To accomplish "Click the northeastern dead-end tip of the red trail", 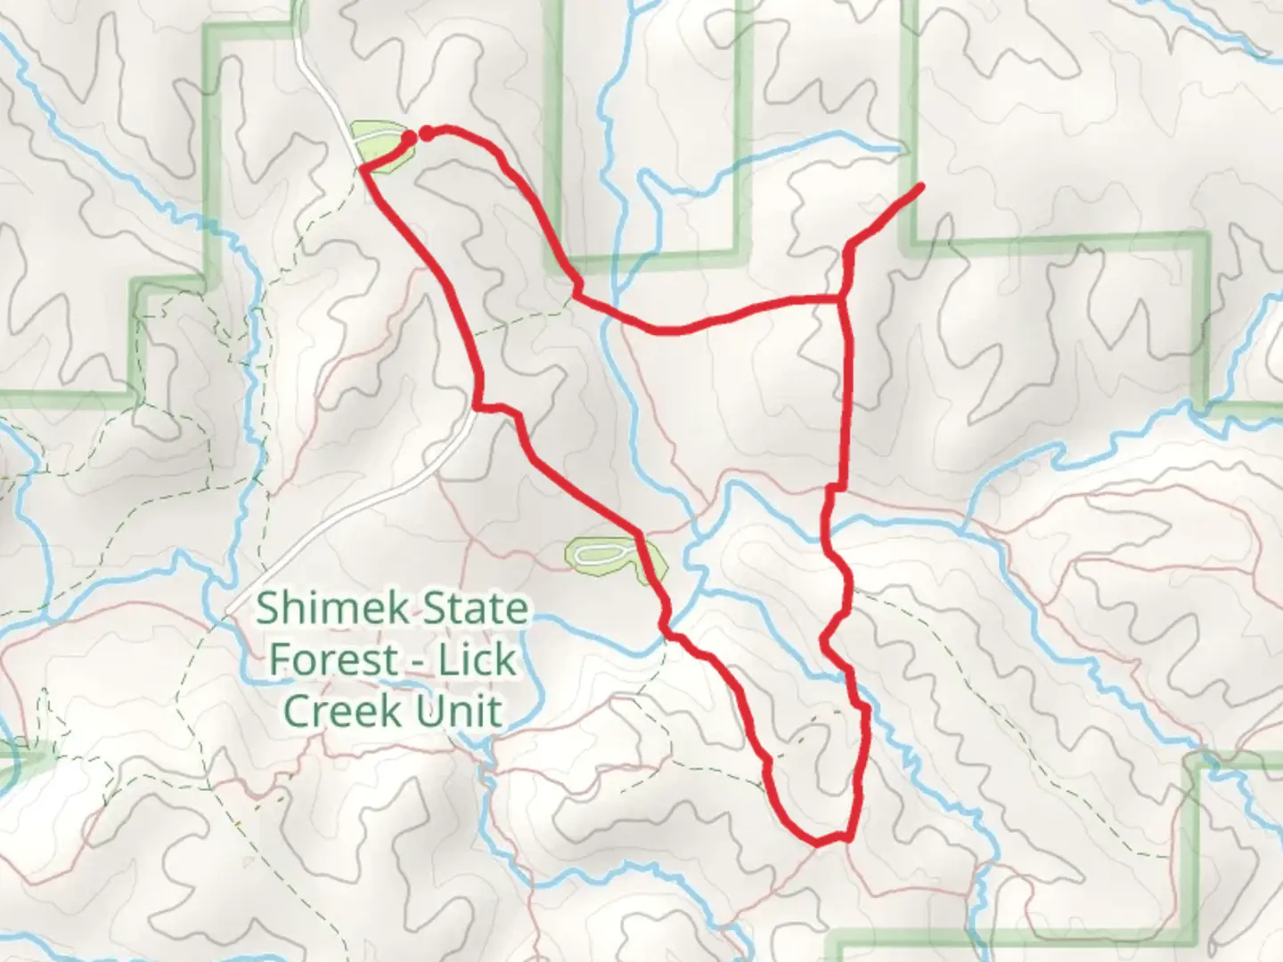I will (x=919, y=185).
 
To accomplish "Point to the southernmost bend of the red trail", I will (x=816, y=841).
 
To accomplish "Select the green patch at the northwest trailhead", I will (x=383, y=147).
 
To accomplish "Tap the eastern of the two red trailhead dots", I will (x=427, y=134).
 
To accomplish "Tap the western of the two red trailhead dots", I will (x=409, y=138).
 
